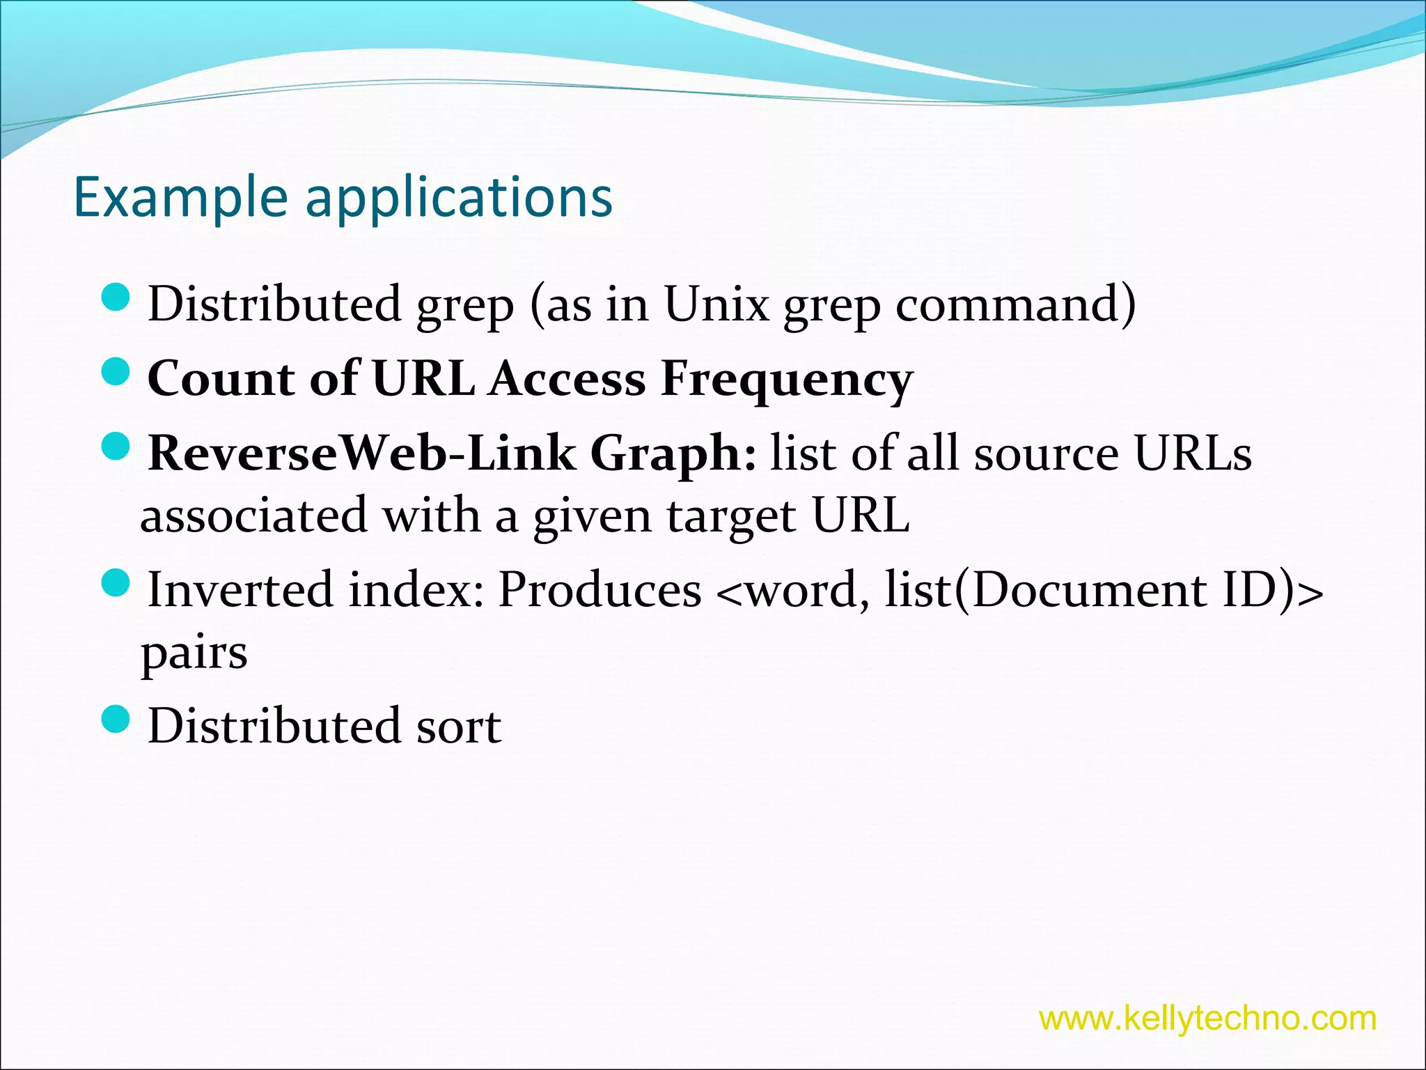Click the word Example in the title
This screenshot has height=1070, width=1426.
click(180, 198)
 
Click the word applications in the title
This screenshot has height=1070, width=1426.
click(459, 198)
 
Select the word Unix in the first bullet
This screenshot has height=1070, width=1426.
click(716, 304)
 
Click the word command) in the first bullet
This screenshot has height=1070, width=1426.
click(1015, 304)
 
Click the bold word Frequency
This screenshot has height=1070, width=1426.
click(786, 380)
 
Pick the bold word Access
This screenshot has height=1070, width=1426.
click(567, 380)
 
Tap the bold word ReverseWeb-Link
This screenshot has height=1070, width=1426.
click(361, 453)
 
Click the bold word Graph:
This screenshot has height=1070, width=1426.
click(673, 453)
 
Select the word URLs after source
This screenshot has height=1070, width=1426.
click(1193, 453)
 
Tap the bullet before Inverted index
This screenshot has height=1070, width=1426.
click(116, 583)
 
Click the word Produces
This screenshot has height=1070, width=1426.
click(600, 590)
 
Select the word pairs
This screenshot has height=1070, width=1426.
click(194, 653)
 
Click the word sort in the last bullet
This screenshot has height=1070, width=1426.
click(458, 727)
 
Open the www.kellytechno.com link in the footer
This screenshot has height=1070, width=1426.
click(1207, 1018)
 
